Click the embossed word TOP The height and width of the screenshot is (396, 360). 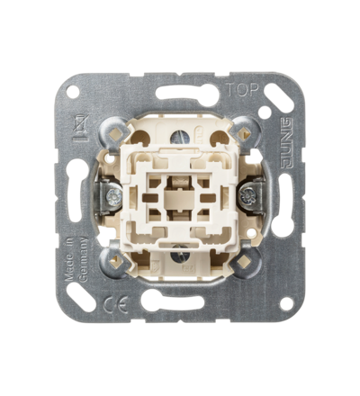[242, 89]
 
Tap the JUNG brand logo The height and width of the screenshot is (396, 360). [285, 143]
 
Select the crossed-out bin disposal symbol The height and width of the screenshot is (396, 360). [79, 129]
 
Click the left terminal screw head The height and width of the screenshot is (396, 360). [113, 196]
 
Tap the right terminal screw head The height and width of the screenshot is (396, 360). [247, 196]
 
